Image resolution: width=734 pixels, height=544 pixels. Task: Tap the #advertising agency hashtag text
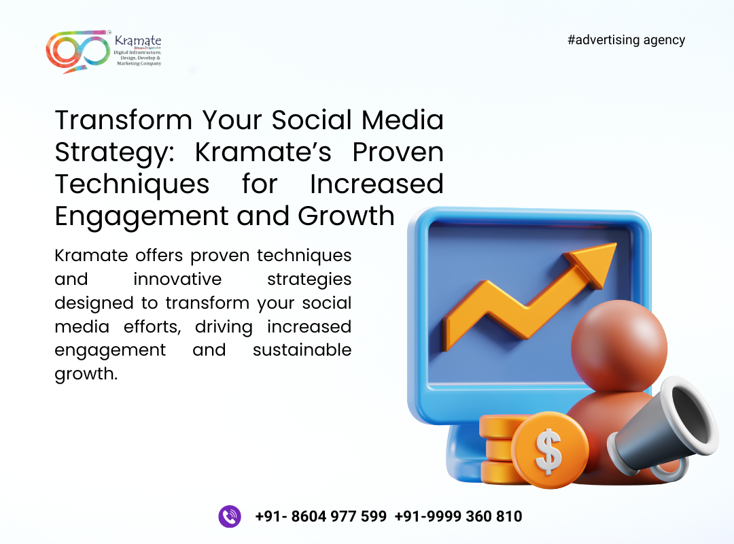point(626,40)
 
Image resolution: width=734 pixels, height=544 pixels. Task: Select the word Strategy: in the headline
point(114,153)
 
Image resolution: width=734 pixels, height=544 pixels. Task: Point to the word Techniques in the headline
point(132,184)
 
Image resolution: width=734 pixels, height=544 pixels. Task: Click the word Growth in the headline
point(346,216)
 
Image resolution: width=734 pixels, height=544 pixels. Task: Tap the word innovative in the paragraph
point(177,279)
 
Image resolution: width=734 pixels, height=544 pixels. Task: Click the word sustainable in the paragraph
point(302,350)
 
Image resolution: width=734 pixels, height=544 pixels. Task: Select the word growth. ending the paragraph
point(86,375)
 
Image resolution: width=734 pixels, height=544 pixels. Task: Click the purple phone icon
point(230,516)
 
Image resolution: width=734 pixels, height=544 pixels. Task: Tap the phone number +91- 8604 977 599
point(321,516)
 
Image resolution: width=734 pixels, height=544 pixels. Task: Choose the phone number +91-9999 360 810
point(458,516)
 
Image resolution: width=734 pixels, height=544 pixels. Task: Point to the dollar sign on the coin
point(548,451)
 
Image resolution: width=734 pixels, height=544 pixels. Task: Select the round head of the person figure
point(619,346)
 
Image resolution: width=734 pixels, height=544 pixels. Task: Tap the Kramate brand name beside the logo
point(137,41)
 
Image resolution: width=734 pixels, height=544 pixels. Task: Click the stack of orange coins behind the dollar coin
point(499,449)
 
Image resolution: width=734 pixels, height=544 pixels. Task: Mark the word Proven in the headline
point(398,152)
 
